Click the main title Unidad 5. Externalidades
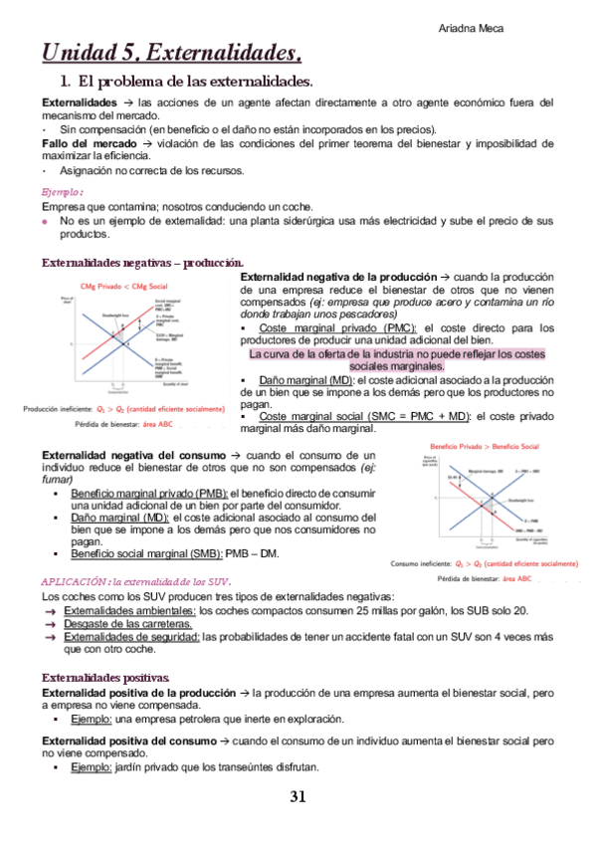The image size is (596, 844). pyautogui.click(x=171, y=52)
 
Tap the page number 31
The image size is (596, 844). pyautogui.click(x=298, y=796)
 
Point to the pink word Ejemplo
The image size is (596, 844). pyautogui.click(x=62, y=192)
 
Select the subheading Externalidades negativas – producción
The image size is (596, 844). pyautogui.click(x=140, y=262)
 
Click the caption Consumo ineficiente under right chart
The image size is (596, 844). pyautogui.click(x=485, y=562)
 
